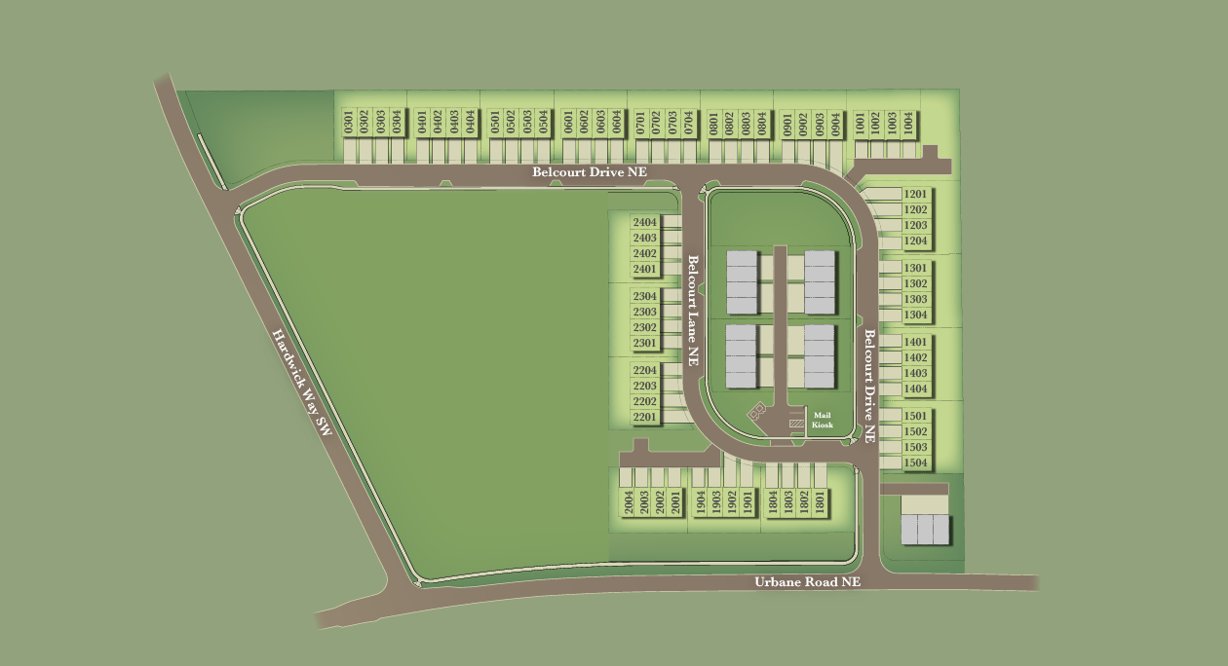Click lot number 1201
pyautogui.click(x=915, y=194)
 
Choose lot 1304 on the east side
pyautogui.click(x=915, y=314)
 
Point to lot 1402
pyautogui.click(x=915, y=357)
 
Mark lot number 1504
pyautogui.click(x=915, y=462)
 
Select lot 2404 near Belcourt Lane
pyautogui.click(x=645, y=222)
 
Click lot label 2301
pyautogui.click(x=645, y=343)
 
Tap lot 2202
pyautogui.click(x=645, y=401)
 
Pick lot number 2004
pyautogui.click(x=629, y=502)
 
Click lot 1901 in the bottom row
pyautogui.click(x=748, y=502)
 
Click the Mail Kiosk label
pyautogui.click(x=823, y=420)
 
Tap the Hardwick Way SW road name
pyautogui.click(x=303, y=382)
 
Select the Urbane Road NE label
pyautogui.click(x=808, y=582)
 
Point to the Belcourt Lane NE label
pyautogui.click(x=694, y=310)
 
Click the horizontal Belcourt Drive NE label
pyautogui.click(x=589, y=172)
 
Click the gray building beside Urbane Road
pyautogui.click(x=924, y=529)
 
